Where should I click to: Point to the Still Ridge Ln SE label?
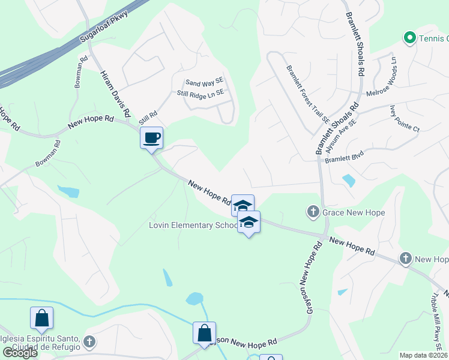click(x=200, y=93)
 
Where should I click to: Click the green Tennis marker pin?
click(x=410, y=38)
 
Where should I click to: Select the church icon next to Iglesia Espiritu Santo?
click(x=89, y=342)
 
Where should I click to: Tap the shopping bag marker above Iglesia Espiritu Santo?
click(x=42, y=318)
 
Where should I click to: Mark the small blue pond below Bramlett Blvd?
click(x=348, y=180)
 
